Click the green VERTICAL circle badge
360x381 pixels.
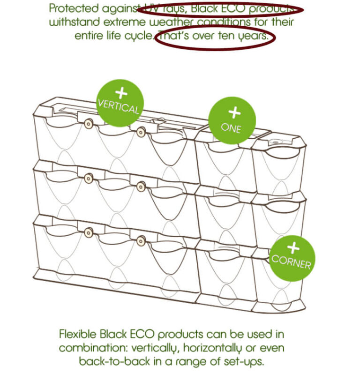click(120, 103)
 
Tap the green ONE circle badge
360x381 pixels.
click(232, 120)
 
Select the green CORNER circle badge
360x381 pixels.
click(292, 258)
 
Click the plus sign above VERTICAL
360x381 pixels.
click(121, 93)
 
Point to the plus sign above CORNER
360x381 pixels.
click(293, 247)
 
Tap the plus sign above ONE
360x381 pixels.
click(234, 112)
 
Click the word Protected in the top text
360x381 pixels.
click(74, 8)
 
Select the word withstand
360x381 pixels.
click(75, 22)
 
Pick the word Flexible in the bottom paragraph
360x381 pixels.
click(78, 334)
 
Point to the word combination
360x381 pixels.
click(94, 348)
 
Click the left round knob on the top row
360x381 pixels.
click(89, 124)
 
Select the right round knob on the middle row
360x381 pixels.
click(141, 187)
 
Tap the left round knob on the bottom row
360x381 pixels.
click(89, 232)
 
